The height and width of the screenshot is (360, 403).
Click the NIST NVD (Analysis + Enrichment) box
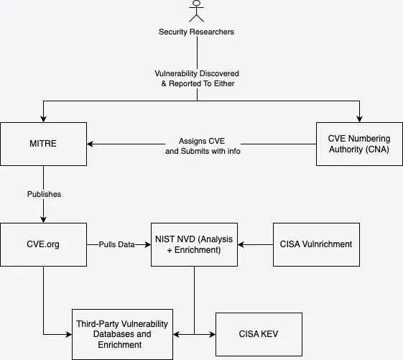pyautogui.click(x=195, y=244)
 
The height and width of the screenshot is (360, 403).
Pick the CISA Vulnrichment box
pyautogui.click(x=316, y=244)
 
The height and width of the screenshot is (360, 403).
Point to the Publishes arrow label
pyautogui.click(x=44, y=194)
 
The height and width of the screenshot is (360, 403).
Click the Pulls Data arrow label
pyautogui.click(x=117, y=244)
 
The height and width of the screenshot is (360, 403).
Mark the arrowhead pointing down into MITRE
pyautogui.click(x=44, y=119)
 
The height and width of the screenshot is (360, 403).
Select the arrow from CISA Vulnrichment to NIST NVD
pyautogui.click(x=256, y=244)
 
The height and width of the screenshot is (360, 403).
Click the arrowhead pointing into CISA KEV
pyautogui.click(x=212, y=334)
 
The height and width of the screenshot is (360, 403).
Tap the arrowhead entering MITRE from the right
pyautogui.click(x=91, y=144)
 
